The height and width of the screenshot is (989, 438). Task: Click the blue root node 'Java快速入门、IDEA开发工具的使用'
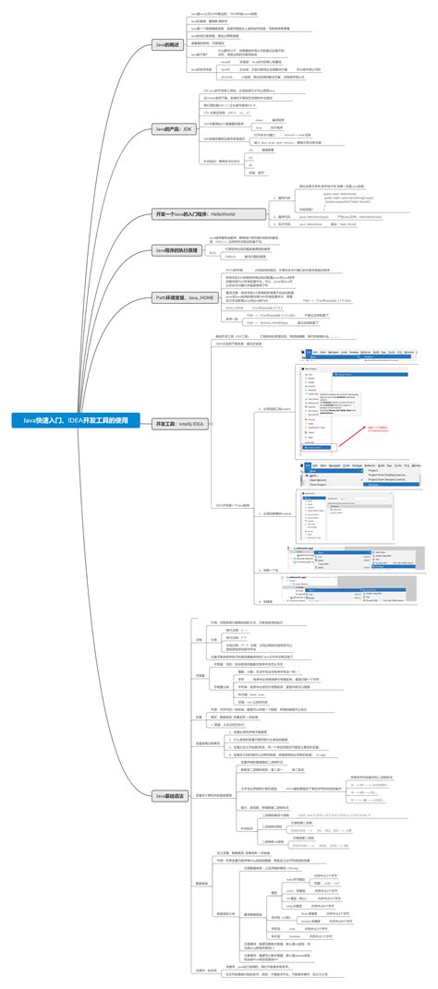click(x=80, y=421)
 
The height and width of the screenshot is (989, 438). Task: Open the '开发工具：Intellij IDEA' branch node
click(x=180, y=424)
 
